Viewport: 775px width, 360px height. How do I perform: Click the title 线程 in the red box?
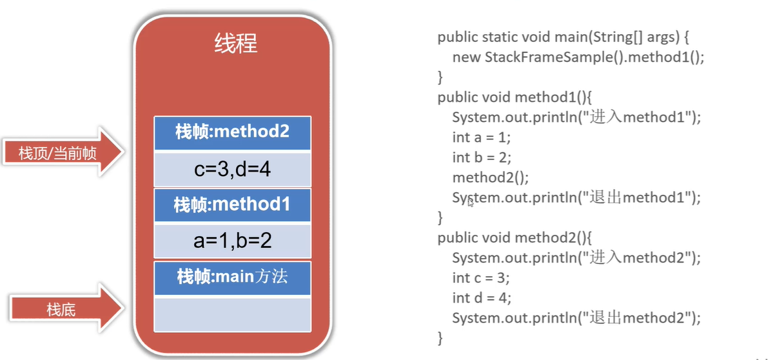click(235, 44)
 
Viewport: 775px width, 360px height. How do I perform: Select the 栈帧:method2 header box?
click(232, 132)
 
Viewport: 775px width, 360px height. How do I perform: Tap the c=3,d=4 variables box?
click(232, 169)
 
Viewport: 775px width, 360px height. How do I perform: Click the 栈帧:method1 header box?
click(232, 205)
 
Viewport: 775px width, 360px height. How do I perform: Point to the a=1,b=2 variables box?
click(232, 241)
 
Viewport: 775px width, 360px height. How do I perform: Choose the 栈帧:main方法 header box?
click(232, 277)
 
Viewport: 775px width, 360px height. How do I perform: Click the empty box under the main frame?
click(232, 314)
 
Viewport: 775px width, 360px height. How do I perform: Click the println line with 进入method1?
click(576, 117)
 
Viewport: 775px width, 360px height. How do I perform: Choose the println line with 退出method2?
click(576, 317)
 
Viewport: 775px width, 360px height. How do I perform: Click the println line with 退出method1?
click(576, 197)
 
